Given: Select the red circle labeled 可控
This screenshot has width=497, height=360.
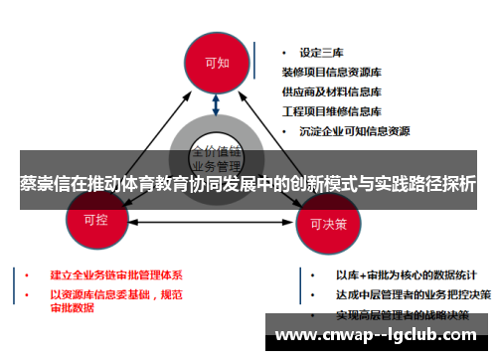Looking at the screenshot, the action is coord(96,217).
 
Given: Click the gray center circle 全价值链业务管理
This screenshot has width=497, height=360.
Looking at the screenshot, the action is coord(217,159).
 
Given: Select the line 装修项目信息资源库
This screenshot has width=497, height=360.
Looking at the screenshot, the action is coord(337,72).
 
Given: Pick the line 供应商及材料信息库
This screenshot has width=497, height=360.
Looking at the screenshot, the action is coord(337,90).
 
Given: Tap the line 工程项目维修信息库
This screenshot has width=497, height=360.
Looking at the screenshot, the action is coord(337,109).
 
